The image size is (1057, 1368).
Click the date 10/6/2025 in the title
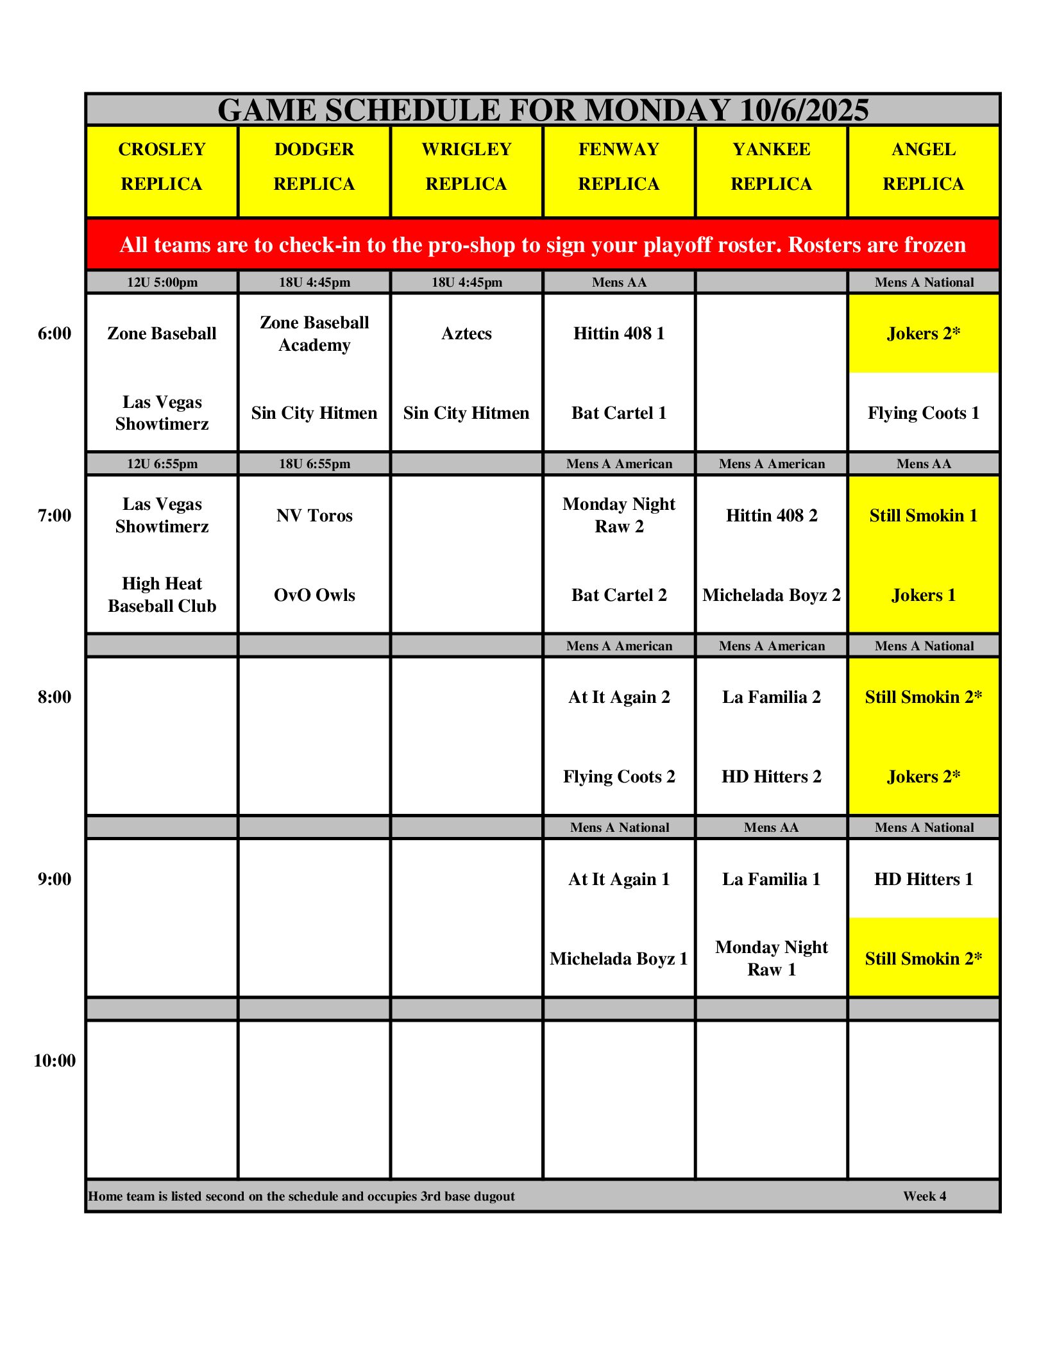(804, 110)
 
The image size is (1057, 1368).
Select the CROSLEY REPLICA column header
(162, 167)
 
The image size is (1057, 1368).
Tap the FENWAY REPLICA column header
(618, 167)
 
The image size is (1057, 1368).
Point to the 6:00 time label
(55, 334)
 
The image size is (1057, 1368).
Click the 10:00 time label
(55, 1061)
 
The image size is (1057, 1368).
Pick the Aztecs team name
(466, 334)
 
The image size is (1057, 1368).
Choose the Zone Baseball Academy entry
(314, 334)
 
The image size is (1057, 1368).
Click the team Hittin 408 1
(618, 334)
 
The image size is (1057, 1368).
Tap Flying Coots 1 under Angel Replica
(923, 413)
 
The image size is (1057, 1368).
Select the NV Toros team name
(314, 516)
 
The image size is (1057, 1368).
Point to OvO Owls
(314, 595)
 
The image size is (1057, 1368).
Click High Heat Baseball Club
(162, 595)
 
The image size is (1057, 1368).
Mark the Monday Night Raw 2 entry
(618, 515)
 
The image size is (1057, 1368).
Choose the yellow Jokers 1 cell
(923, 595)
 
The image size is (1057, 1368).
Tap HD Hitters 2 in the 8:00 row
(771, 777)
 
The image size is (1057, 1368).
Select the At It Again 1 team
(618, 879)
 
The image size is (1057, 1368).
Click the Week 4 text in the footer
(924, 1196)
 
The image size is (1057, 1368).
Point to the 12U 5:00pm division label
(162, 282)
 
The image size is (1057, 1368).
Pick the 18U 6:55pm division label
(314, 464)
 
